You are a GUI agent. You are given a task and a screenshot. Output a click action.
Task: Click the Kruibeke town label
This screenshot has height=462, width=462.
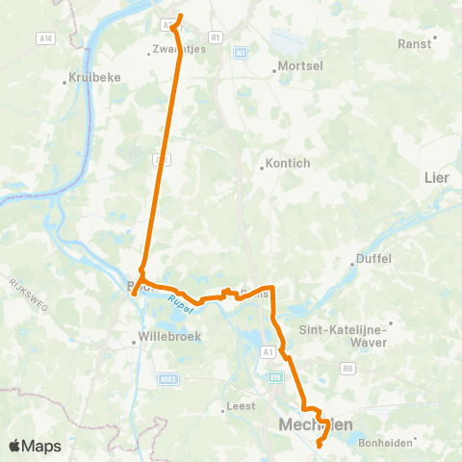(x=92, y=78)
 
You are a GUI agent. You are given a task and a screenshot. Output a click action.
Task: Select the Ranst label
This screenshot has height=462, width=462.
(x=415, y=44)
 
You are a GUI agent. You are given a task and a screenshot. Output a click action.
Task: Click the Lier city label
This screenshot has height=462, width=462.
(x=436, y=177)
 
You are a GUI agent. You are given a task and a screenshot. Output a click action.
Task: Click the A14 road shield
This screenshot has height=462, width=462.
(x=45, y=38)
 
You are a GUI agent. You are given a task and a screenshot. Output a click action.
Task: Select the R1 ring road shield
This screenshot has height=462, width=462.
(x=215, y=37)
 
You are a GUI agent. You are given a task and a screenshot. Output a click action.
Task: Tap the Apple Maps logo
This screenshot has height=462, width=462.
(x=34, y=446)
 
